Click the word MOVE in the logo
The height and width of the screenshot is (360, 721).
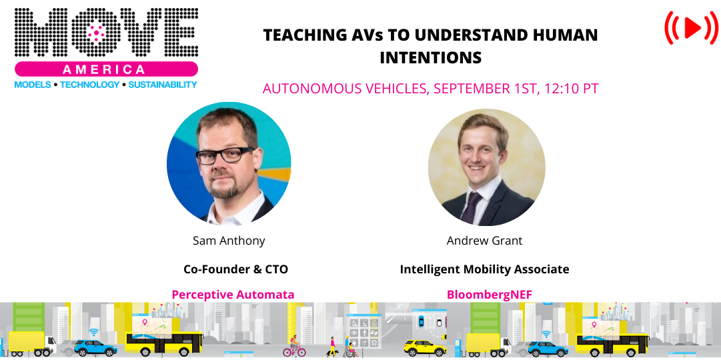click(x=106, y=33)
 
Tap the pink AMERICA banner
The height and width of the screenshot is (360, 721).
click(x=106, y=69)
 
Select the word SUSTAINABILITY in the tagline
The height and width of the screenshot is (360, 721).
click(x=163, y=85)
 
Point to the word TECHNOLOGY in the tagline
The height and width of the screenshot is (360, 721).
click(x=90, y=85)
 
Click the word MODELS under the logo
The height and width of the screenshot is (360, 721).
click(x=33, y=85)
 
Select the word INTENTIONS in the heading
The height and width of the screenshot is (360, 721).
click(x=430, y=58)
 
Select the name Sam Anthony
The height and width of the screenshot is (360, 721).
click(x=229, y=241)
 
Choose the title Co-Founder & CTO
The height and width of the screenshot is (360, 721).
click(x=235, y=269)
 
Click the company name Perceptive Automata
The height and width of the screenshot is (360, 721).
click(x=233, y=294)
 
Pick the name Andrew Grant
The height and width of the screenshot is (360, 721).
click(x=484, y=241)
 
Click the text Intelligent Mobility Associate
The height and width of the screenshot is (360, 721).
click(x=484, y=269)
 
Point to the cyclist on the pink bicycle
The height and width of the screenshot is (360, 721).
click(x=294, y=347)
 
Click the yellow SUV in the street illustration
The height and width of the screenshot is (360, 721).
click(x=425, y=347)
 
